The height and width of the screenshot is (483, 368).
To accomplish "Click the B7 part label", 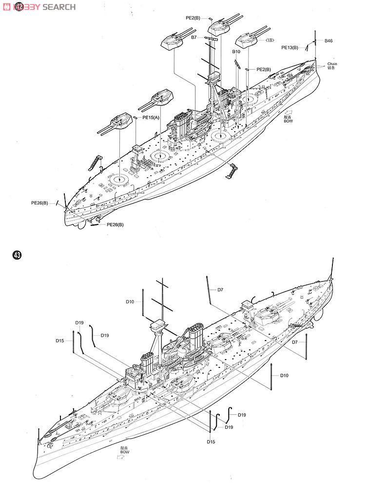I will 194,37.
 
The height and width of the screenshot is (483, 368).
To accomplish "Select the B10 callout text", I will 236,51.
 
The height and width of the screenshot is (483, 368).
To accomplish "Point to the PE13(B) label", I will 290,47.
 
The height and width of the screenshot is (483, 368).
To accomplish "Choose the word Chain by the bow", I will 332,64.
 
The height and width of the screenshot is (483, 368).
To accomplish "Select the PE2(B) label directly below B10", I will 264,69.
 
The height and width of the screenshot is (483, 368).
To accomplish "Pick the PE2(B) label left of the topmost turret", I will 193,18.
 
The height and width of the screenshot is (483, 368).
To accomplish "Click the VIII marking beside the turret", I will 270,40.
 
